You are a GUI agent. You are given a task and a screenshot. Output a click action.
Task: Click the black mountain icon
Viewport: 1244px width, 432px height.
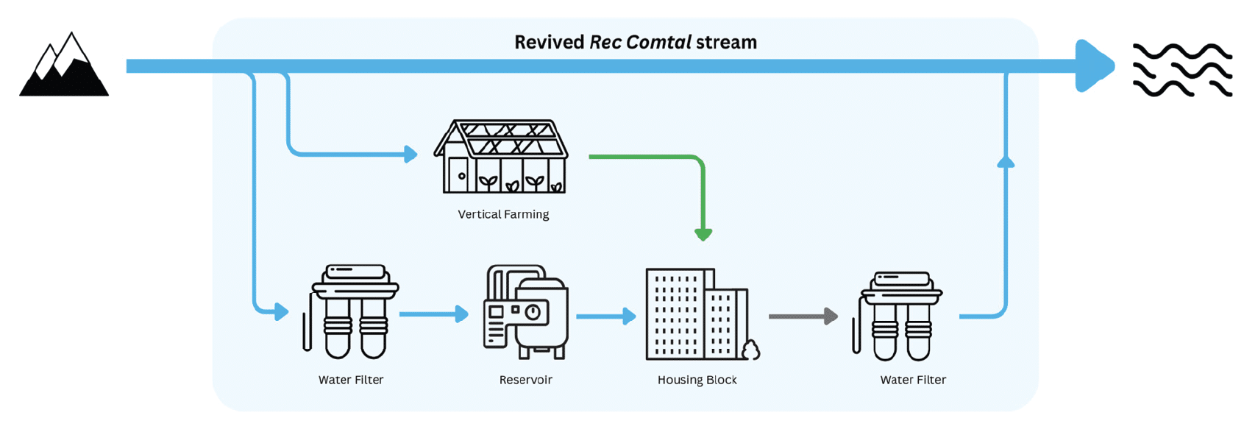[64, 67]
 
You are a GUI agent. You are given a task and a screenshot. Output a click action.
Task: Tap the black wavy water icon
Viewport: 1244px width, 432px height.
[1182, 69]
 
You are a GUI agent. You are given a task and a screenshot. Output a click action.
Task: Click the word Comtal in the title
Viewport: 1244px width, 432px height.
[658, 42]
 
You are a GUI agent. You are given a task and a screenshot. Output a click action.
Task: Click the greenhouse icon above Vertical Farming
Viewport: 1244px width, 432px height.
[502, 157]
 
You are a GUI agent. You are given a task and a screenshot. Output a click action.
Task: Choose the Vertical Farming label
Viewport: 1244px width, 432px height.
[503, 214]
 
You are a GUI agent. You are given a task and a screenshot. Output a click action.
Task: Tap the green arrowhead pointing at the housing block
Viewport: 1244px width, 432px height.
[703, 235]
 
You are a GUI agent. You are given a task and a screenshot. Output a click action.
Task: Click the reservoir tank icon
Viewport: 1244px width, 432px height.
[525, 312]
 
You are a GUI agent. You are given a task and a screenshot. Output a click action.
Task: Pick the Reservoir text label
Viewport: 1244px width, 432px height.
[525, 380]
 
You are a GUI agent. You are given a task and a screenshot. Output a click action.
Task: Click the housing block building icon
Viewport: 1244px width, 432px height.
[695, 314]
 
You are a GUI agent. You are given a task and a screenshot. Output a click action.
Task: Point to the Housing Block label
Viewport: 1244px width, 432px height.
[697, 380]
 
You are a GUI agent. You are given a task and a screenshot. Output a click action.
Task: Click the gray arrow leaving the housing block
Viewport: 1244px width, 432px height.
[803, 316]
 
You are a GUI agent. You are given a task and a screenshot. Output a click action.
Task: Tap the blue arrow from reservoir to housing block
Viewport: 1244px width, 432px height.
[606, 316]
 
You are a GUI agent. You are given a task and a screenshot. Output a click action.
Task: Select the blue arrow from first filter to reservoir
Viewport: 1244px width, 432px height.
[434, 314]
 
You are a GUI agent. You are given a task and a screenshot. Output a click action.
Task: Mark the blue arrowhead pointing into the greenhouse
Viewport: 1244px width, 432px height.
[410, 154]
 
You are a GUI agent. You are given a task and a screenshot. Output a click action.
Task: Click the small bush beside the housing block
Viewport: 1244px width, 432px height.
[751, 350]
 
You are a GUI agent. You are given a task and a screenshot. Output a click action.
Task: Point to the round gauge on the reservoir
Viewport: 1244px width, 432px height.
[533, 312]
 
